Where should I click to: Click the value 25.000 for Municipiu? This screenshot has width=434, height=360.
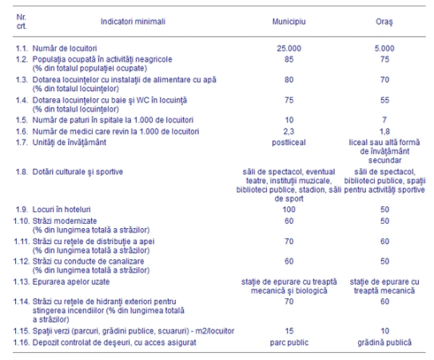pyautogui.click(x=289, y=49)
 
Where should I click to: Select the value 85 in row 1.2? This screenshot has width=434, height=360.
pyautogui.click(x=289, y=59)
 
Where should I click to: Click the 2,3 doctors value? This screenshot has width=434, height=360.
pyautogui.click(x=289, y=130)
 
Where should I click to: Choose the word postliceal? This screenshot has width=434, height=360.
pyautogui.click(x=289, y=141)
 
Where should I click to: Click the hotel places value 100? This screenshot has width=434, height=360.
pyautogui.click(x=289, y=208)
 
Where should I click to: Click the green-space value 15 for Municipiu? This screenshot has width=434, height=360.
pyautogui.click(x=289, y=330)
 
